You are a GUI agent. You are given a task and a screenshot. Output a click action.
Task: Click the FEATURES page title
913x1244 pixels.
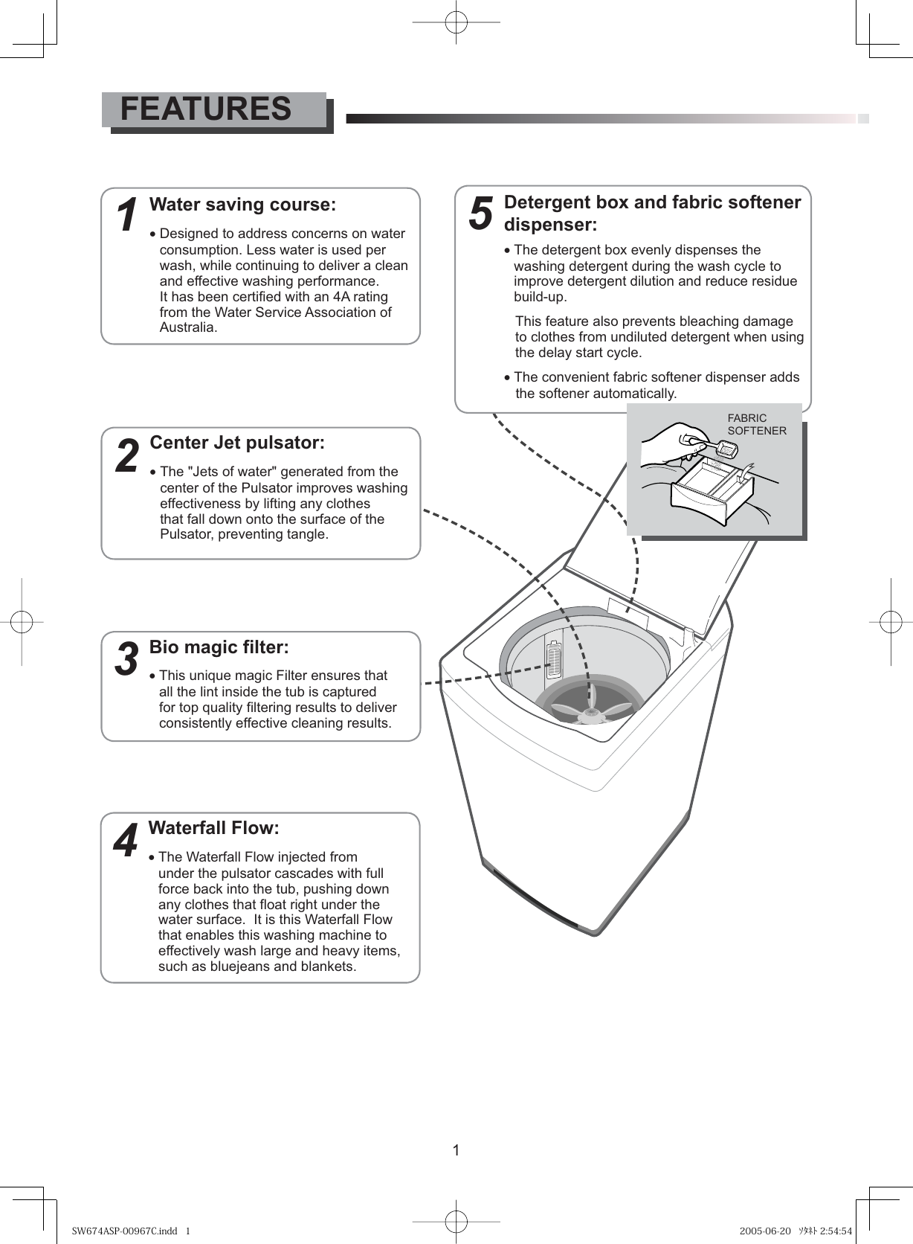pyautogui.click(x=206, y=109)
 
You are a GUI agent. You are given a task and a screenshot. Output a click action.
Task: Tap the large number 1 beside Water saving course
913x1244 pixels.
pyautogui.click(x=128, y=216)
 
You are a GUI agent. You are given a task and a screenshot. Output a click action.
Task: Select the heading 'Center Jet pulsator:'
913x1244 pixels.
pyautogui.click(x=237, y=443)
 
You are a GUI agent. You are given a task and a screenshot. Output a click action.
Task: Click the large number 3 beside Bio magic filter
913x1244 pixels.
pyautogui.click(x=127, y=659)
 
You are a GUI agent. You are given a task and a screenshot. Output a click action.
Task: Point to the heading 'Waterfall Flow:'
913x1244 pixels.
pyautogui.click(x=214, y=828)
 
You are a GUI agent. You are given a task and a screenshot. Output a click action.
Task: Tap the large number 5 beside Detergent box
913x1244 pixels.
pyautogui.click(x=481, y=213)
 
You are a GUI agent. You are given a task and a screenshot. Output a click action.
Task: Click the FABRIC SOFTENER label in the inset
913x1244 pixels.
pyautogui.click(x=756, y=424)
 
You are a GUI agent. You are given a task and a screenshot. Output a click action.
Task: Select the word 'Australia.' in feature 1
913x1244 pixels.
pyautogui.click(x=189, y=328)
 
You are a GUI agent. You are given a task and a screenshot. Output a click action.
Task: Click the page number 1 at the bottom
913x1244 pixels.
pyautogui.click(x=456, y=1151)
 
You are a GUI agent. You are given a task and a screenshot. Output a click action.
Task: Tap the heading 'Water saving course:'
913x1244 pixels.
pyautogui.click(x=242, y=205)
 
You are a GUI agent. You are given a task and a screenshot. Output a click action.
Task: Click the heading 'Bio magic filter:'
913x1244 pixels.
pyautogui.click(x=219, y=647)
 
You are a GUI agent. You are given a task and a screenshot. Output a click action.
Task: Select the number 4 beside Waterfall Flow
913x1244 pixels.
pyautogui.click(x=126, y=841)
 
